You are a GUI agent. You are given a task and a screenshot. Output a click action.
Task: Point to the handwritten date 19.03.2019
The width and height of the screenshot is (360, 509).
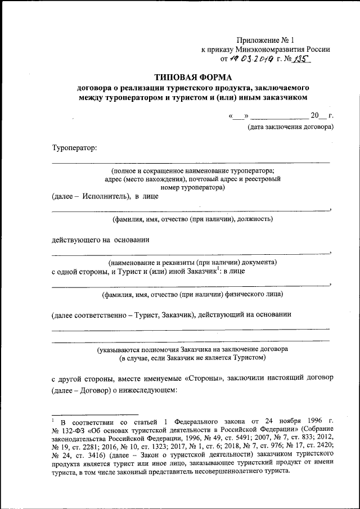click(x=250, y=58)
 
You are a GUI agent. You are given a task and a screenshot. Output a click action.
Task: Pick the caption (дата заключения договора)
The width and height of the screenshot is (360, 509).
click(x=291, y=127)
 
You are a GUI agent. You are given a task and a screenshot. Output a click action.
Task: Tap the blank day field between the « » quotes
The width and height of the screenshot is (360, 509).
click(x=238, y=116)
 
